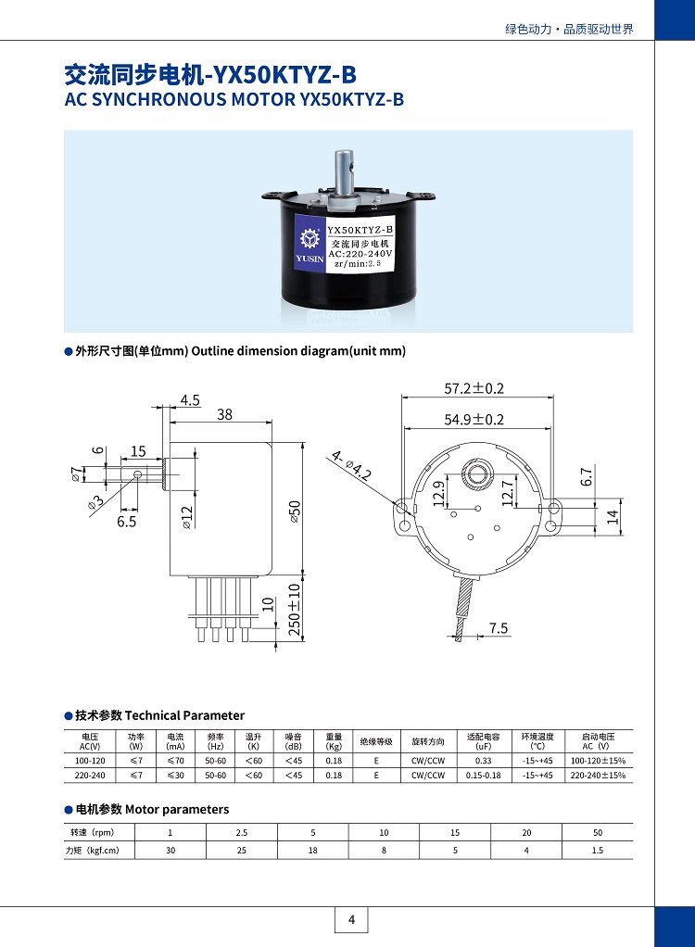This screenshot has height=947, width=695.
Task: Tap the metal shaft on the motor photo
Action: point(346,172)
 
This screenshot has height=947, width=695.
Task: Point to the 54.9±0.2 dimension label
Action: point(474,420)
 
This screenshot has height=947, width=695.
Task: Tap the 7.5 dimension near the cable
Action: point(499,628)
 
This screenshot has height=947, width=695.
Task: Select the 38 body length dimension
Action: point(225,415)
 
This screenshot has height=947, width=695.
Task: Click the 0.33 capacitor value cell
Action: point(483,760)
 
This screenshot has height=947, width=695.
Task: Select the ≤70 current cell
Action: point(175,760)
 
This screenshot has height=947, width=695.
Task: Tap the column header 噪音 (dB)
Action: point(294,741)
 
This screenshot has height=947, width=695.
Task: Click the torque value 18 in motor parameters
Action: point(313,850)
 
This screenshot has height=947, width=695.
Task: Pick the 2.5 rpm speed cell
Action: point(242,832)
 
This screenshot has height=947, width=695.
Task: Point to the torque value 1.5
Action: point(598,850)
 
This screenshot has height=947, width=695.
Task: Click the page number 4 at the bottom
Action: point(351,920)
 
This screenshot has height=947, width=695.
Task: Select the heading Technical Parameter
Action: point(184,715)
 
